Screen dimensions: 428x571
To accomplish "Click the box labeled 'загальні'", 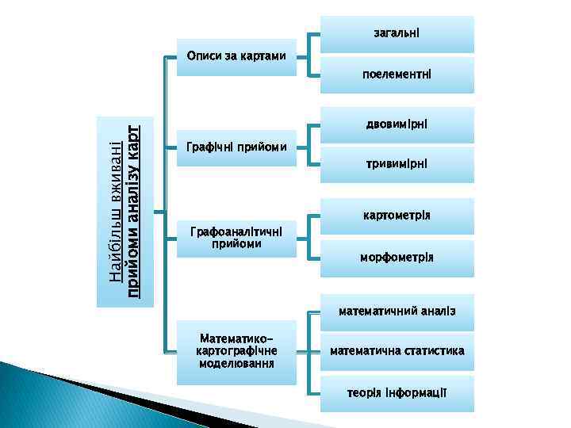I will coord(397,34).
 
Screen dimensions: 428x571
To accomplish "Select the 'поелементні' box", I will coord(397,75).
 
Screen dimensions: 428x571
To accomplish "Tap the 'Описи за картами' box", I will coord(236,56).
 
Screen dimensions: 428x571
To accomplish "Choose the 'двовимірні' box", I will coord(397,125).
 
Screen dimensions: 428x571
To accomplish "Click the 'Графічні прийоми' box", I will coord(236,147).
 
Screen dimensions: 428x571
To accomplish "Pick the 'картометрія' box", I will coord(397,216).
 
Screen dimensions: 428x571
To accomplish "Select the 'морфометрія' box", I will coord(397,258).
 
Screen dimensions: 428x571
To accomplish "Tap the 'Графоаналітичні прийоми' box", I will coord(236,237).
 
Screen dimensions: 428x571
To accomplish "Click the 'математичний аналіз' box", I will coord(397,311).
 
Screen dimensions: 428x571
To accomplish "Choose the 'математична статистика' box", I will coord(397,351).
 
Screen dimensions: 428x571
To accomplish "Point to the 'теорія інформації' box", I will coord(397,392).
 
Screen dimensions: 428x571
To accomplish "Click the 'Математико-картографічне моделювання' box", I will coord(236,351).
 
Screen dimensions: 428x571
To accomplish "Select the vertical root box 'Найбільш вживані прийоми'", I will coord(125,211).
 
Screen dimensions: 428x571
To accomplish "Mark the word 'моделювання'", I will coord(237,364).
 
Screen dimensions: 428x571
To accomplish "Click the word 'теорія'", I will coord(362,392).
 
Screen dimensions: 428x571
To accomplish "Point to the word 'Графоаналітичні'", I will coord(237,231).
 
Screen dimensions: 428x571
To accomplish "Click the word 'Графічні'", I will coord(209,147).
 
